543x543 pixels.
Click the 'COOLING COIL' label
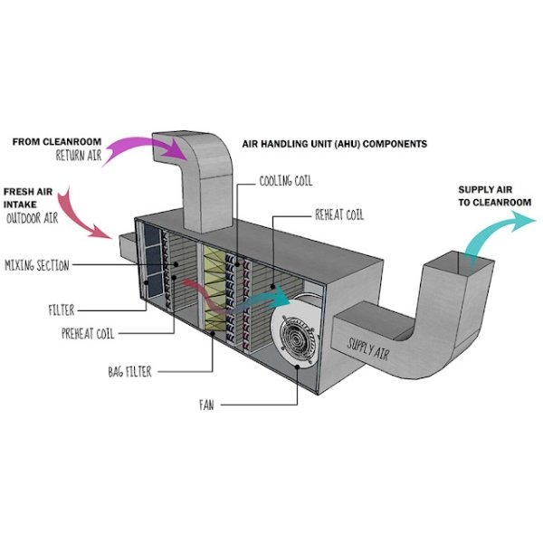coord(286,181)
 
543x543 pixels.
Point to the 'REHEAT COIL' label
coord(338,215)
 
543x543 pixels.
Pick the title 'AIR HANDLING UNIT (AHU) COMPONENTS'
coord(335,144)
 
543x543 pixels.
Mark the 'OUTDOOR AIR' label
coord(37,218)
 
